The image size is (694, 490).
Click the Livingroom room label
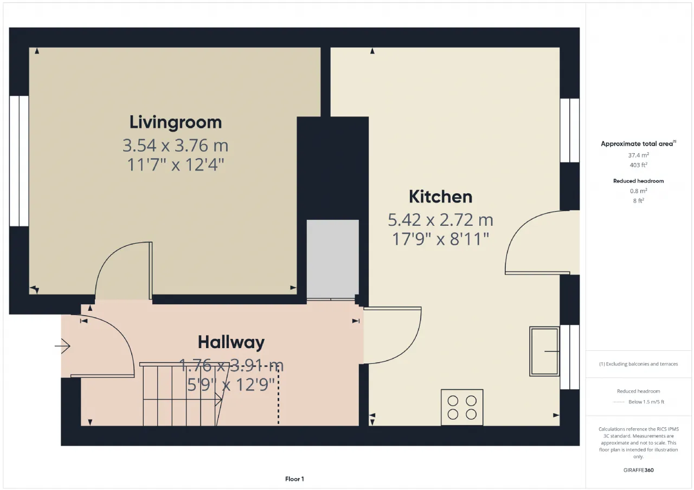pyautogui.click(x=175, y=123)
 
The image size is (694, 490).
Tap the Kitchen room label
pyautogui.click(x=441, y=197)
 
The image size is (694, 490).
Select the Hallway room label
pyautogui.click(x=231, y=342)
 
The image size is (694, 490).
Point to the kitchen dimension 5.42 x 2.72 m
pyautogui.click(x=441, y=220)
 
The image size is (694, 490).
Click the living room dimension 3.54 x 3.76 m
pyautogui.click(x=175, y=146)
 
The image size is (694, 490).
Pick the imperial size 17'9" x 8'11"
pyautogui.click(x=441, y=239)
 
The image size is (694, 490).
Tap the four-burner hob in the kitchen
pyautogui.click(x=462, y=407)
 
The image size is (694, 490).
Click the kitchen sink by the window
pyautogui.click(x=544, y=351)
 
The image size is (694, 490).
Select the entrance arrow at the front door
pyautogui.click(x=62, y=346)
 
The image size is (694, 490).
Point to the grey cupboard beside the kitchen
pyautogui.click(x=333, y=259)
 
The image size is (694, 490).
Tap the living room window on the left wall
pyautogui.click(x=19, y=161)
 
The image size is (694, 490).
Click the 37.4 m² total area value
pyautogui.click(x=639, y=155)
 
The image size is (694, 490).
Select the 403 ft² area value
pyautogui.click(x=639, y=165)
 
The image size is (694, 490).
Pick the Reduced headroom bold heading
pyautogui.click(x=639, y=181)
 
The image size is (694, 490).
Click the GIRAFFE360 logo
pyautogui.click(x=639, y=470)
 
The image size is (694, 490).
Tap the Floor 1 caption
pyautogui.click(x=294, y=479)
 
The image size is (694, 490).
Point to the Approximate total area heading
pyautogui.click(x=638, y=143)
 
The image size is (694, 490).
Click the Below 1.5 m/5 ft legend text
pyautogui.click(x=646, y=402)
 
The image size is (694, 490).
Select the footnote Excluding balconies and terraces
pyautogui.click(x=639, y=364)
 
